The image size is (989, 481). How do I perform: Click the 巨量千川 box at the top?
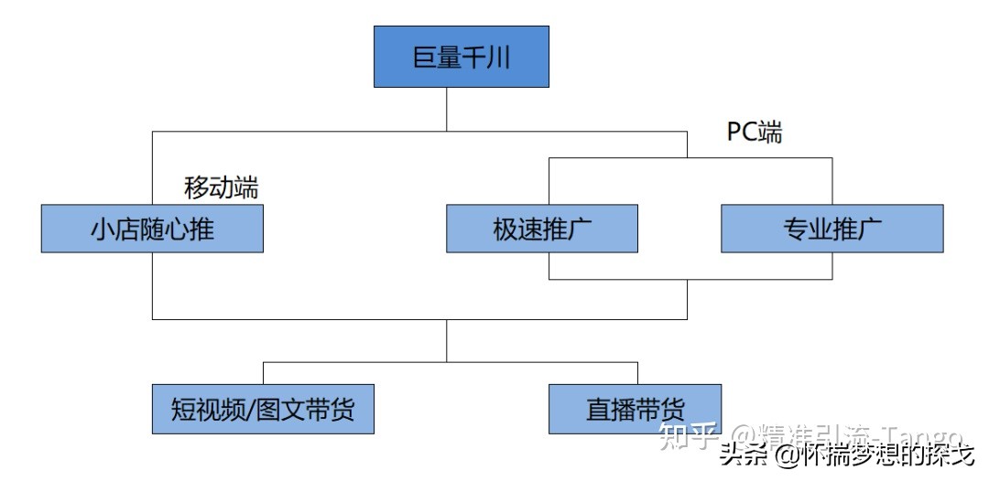(461, 57)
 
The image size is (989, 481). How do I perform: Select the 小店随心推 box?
(152, 228)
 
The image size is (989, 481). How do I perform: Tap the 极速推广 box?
(541, 228)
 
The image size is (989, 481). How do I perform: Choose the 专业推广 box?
(831, 228)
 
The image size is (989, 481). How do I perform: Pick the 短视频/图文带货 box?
(263, 409)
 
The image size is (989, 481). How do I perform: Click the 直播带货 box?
(635, 409)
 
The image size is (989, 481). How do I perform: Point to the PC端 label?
(755, 132)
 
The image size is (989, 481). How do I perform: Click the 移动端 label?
(222, 187)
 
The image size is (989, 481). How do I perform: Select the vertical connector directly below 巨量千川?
(446, 110)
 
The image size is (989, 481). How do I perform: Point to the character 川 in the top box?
(498, 58)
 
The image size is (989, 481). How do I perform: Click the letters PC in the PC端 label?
(742, 132)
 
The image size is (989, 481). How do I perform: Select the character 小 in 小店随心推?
(103, 229)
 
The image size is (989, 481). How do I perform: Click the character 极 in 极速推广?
(505, 229)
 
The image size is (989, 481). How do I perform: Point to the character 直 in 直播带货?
(598, 409)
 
